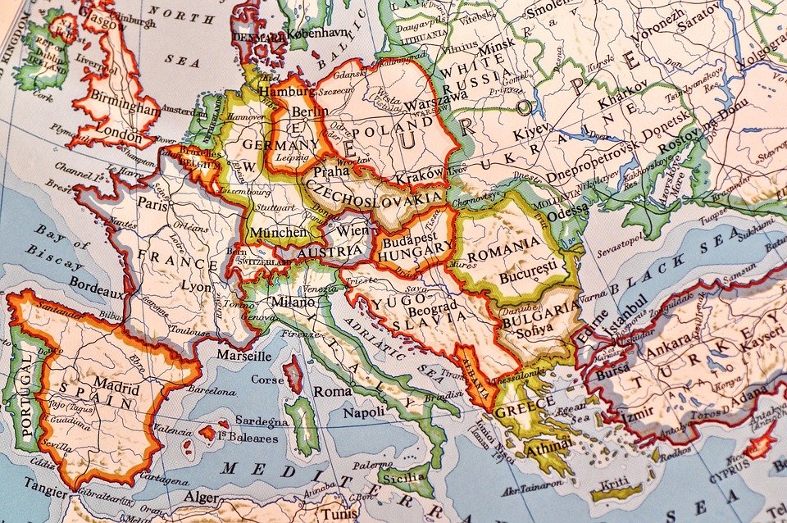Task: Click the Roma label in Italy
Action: pos(333,392)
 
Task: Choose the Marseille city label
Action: pos(243,356)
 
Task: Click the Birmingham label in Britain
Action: pos(124,107)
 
